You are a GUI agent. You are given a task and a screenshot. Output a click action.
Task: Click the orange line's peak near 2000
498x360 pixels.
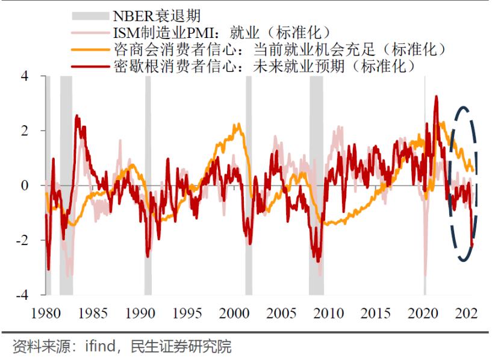pyautogui.click(x=237, y=124)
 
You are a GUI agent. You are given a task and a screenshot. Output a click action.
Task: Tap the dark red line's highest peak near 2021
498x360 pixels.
pyautogui.click(x=436, y=96)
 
